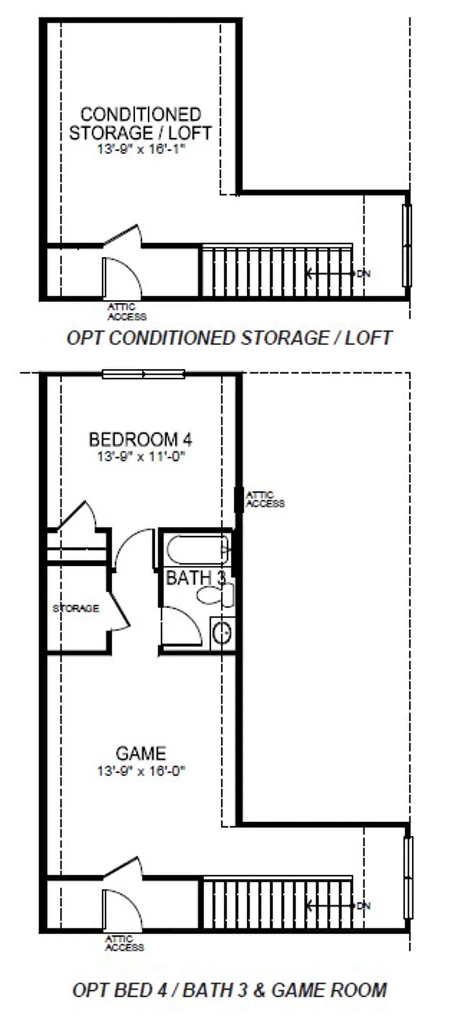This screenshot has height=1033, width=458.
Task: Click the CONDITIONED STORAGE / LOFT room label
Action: [140, 124]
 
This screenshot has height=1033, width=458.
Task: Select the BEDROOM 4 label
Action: [140, 440]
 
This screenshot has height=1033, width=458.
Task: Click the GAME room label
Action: [140, 753]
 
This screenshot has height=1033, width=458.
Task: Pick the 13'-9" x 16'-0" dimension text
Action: [140, 770]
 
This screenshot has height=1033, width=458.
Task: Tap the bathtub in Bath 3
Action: [197, 550]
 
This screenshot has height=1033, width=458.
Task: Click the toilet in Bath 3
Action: [215, 595]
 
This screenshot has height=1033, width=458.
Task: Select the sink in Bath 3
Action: [223, 634]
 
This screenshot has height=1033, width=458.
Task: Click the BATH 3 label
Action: [195, 578]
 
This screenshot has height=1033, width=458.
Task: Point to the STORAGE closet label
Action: [76, 608]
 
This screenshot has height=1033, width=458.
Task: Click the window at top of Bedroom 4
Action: [143, 374]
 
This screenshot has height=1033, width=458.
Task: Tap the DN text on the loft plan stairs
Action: [363, 274]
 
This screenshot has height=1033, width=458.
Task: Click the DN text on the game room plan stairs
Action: [363, 906]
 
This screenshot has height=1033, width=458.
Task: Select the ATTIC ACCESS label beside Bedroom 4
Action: [265, 499]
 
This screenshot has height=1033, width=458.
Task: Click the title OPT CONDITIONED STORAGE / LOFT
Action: [229, 338]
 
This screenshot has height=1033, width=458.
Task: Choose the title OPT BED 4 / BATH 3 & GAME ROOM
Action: [229, 990]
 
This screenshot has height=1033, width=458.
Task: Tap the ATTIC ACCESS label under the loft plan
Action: [127, 312]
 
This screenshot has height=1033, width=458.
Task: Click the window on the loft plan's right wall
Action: [407, 246]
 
